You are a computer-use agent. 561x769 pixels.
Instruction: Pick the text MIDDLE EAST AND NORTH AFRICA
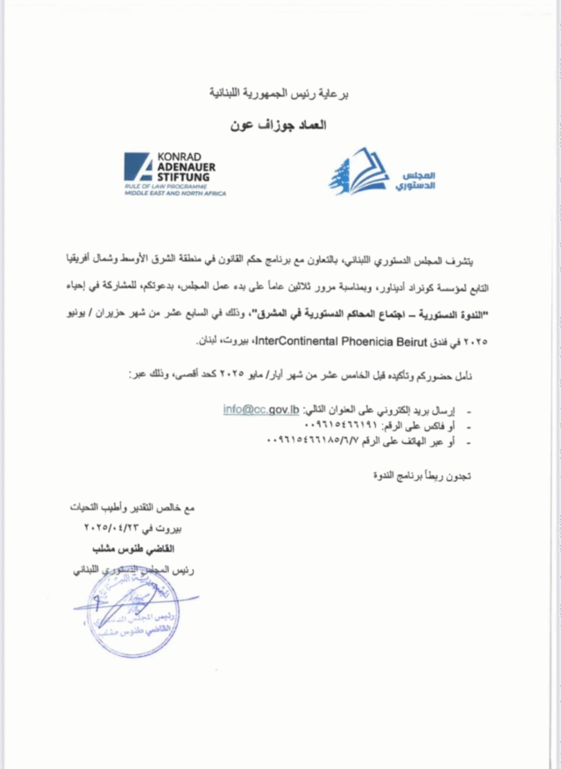pyautogui.click(x=175, y=193)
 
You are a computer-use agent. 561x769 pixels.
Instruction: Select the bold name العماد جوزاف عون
pyautogui.click(x=278, y=125)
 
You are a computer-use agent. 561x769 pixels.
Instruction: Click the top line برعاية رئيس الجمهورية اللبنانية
pyautogui.click(x=278, y=92)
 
